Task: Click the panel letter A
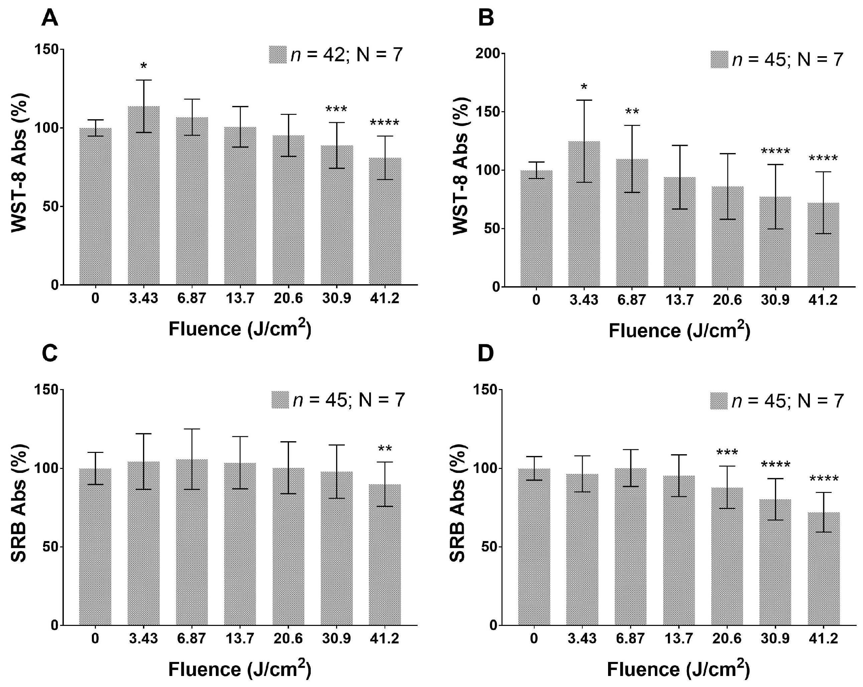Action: coord(50,18)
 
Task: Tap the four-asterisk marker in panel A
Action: coord(385,123)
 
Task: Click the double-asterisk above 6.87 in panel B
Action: coord(632,112)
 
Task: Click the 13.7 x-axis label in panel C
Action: coord(240,639)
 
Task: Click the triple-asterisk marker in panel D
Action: coord(727,453)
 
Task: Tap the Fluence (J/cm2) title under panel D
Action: coord(679,669)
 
